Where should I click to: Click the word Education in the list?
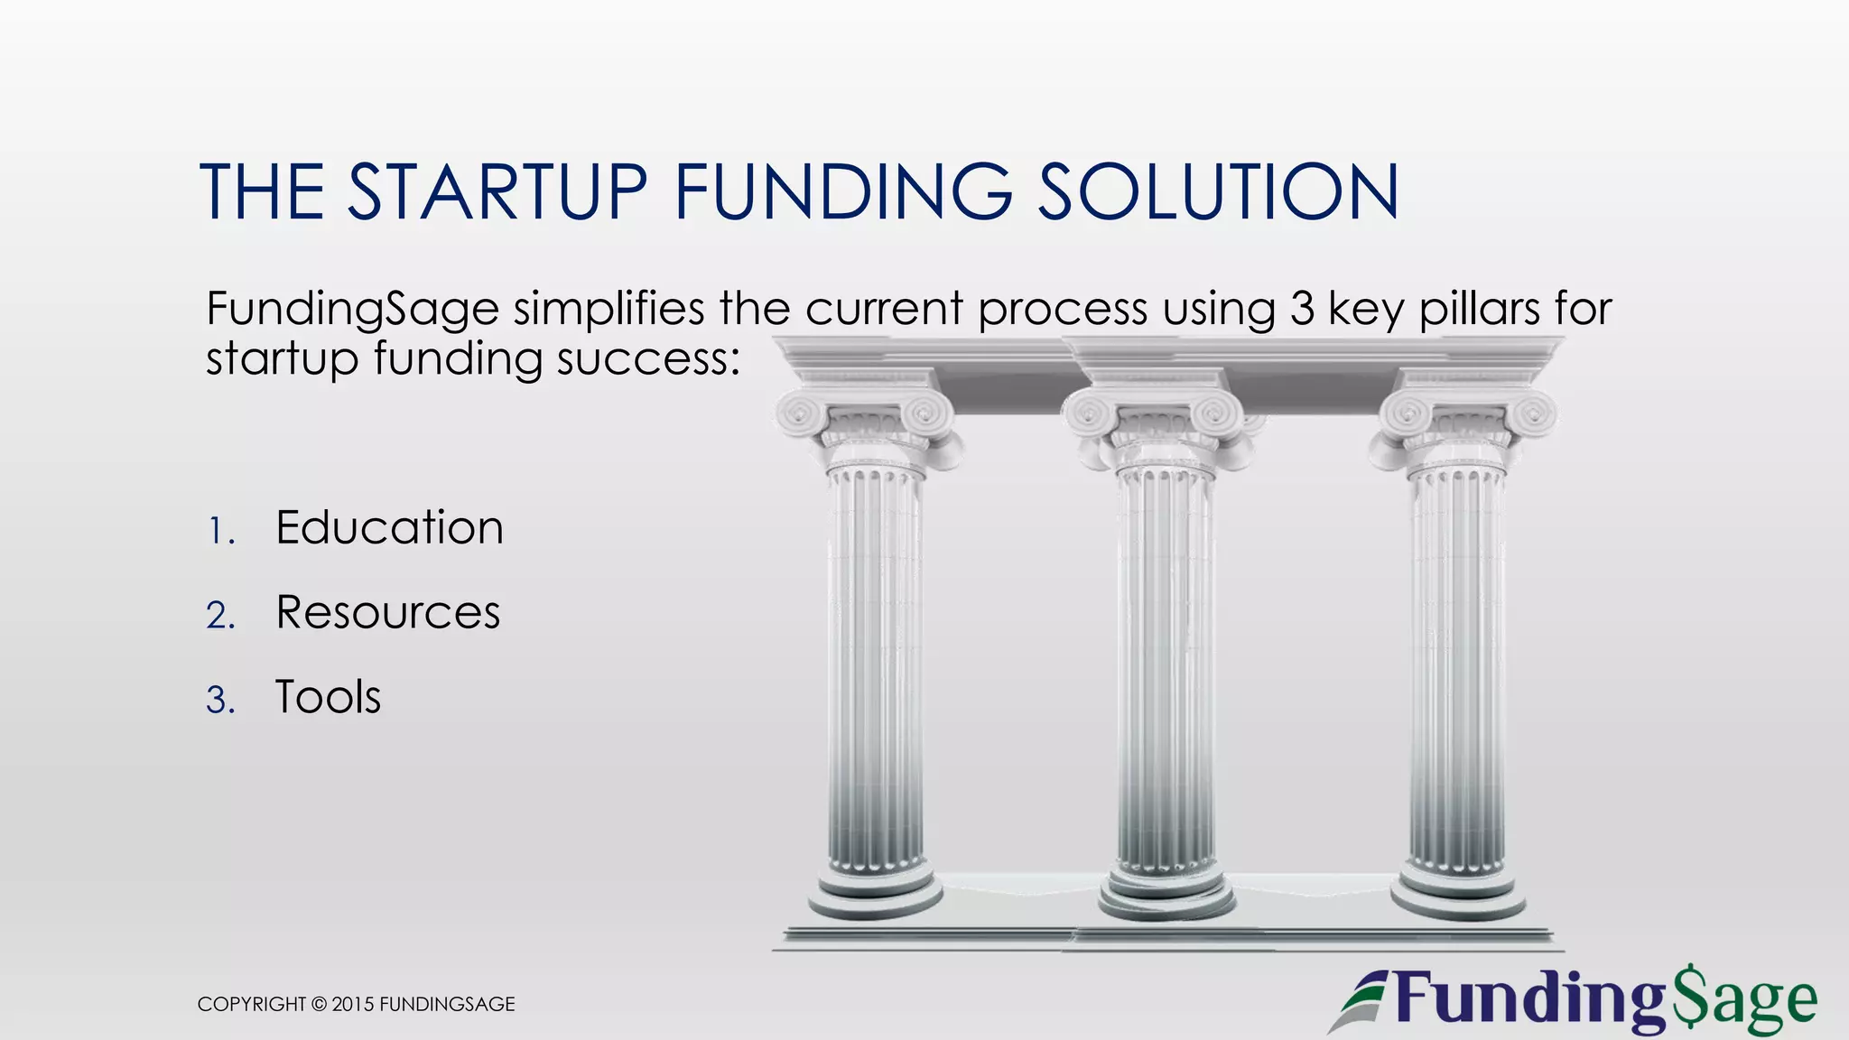pyautogui.click(x=389, y=527)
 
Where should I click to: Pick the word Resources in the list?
pyautogui.click(x=387, y=612)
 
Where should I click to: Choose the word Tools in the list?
pyautogui.click(x=328, y=697)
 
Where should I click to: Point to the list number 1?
pyautogui.click(x=219, y=531)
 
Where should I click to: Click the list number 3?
pyautogui.click(x=219, y=701)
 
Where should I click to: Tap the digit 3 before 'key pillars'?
pyautogui.click(x=1302, y=309)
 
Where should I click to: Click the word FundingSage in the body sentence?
pyautogui.click(x=352, y=311)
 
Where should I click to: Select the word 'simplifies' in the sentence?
pyautogui.click(x=609, y=309)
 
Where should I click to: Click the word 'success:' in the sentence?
pyautogui.click(x=648, y=359)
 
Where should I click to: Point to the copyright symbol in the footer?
pyautogui.click(x=319, y=1004)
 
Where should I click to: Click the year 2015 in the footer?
pyautogui.click(x=353, y=1004)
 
